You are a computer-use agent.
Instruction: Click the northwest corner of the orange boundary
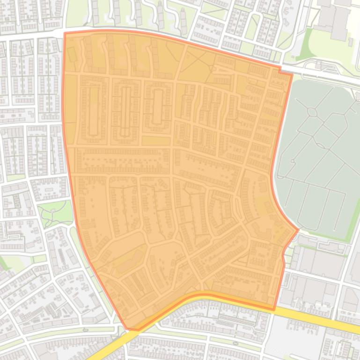[x=65, y=33]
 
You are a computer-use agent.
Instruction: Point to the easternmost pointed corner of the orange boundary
[x=298, y=230]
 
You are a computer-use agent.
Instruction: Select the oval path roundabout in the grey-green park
[x=311, y=113]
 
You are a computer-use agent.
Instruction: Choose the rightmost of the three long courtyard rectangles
[x=157, y=106]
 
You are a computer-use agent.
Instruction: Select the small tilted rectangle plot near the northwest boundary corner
[x=72, y=54]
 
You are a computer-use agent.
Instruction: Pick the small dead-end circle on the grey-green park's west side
[x=293, y=161]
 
